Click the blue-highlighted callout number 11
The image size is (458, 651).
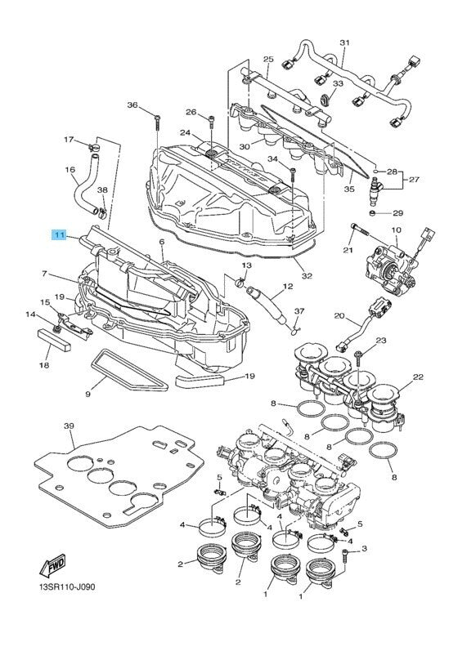click(59, 235)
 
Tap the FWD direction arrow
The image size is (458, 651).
click(52, 565)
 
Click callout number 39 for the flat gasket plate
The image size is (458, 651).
click(69, 426)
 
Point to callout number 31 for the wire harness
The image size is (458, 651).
click(344, 42)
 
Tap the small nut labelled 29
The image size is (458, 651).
click(373, 213)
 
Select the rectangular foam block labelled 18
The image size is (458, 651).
click(54, 339)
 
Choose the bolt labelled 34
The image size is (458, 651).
click(294, 175)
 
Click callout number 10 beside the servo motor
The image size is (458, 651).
click(396, 230)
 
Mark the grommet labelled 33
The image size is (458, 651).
click(326, 99)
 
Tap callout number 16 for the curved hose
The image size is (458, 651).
click(70, 169)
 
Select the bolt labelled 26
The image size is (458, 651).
click(211, 121)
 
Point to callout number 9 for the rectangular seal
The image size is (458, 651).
click(88, 394)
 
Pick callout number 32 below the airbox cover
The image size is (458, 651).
click(307, 276)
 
